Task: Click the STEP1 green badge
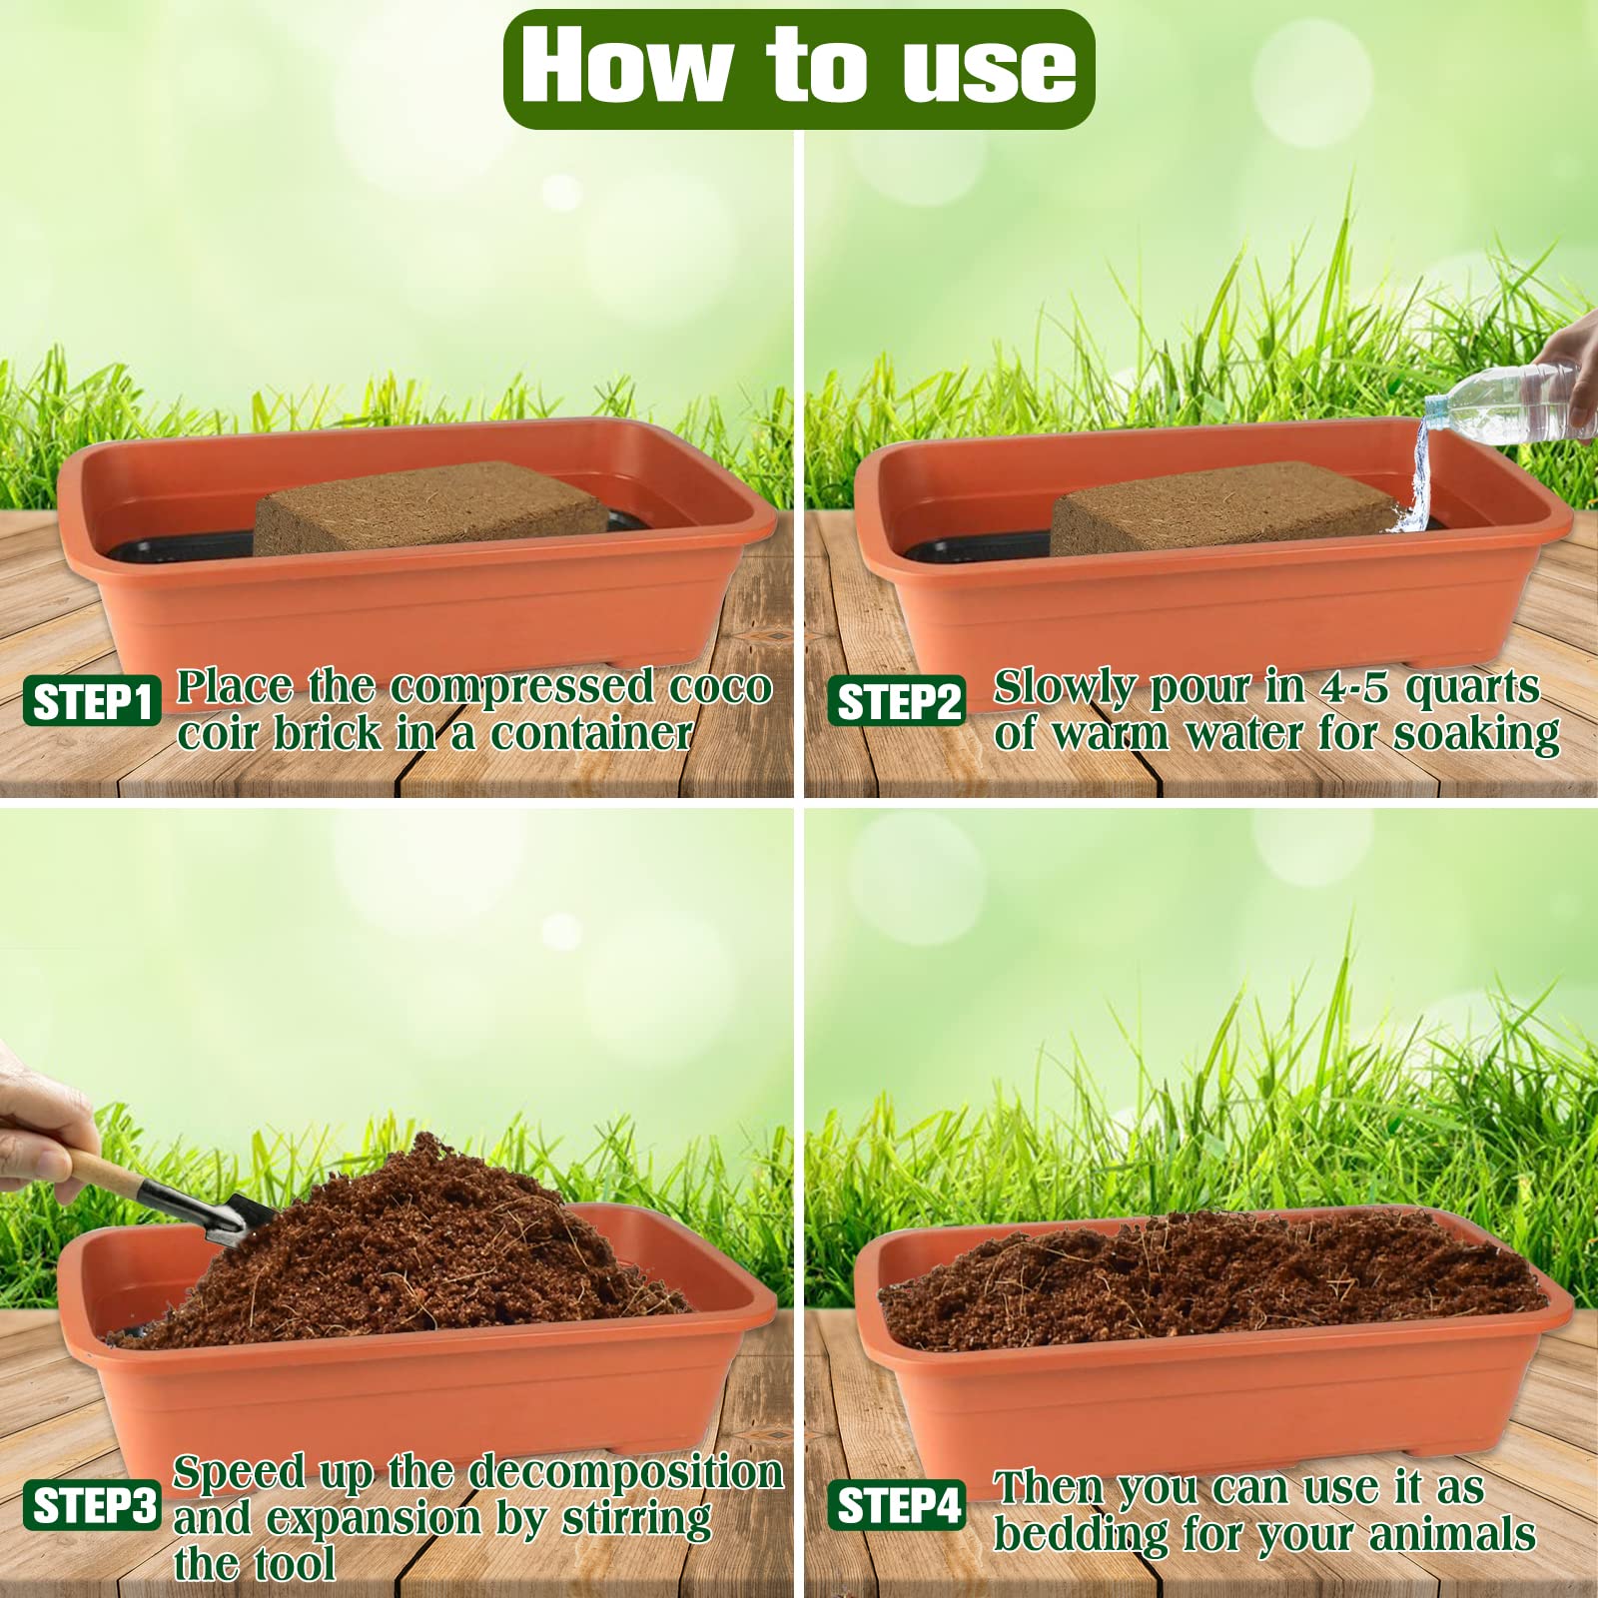coord(92,702)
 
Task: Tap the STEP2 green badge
coord(897,702)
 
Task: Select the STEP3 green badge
coord(92,1505)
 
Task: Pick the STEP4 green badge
coord(897,1505)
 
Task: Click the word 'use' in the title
coord(989,68)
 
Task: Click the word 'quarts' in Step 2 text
coord(1472,689)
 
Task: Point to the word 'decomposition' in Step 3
coord(626,1473)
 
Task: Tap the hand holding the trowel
coord(35,1129)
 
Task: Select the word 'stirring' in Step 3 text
coord(636,1519)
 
